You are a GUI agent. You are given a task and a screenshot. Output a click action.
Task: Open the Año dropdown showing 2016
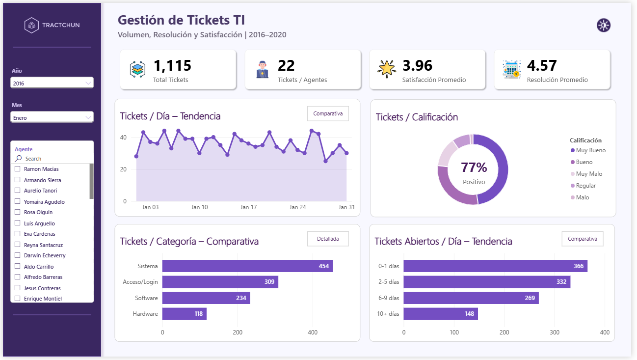coord(52,83)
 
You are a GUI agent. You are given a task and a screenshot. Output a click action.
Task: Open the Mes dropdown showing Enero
coord(52,117)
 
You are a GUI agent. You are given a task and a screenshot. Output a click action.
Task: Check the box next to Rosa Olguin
coord(17,212)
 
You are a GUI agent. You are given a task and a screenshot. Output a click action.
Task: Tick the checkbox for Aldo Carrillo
coord(17,266)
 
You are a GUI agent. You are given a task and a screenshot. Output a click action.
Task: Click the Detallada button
coord(328,239)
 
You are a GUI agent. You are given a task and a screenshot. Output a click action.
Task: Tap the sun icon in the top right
coord(604,26)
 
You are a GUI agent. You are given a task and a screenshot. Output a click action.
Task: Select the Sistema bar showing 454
coord(247,266)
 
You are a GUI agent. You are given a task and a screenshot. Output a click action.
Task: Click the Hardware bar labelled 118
coord(184,314)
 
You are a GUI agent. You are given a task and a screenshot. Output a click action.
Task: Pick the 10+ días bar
coord(441,314)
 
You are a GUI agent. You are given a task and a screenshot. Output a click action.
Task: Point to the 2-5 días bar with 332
coord(487,282)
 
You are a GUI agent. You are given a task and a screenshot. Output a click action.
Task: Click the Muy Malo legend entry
coord(586,174)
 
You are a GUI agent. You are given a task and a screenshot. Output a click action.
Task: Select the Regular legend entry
coord(583,186)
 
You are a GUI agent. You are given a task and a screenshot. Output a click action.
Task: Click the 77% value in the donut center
coord(474,167)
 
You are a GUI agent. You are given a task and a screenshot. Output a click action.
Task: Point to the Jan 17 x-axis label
coord(248,207)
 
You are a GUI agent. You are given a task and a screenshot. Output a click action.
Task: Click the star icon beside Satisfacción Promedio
coord(386,69)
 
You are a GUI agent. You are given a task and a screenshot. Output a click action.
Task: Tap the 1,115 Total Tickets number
coord(172,65)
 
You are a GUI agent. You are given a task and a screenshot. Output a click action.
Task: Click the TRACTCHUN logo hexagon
coord(31,26)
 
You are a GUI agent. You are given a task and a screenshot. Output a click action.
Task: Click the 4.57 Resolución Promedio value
coord(542,65)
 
